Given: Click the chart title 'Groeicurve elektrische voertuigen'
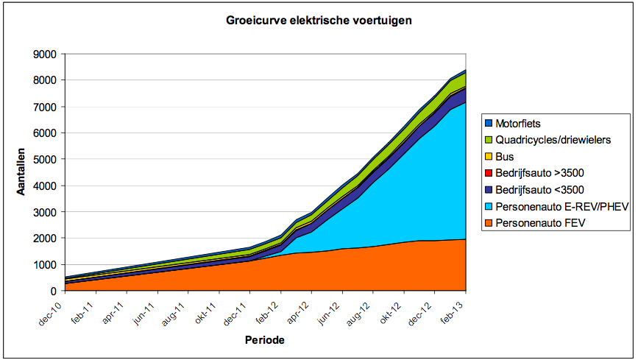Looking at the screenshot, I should coord(318,21).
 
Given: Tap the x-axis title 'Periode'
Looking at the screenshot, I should coord(264,340).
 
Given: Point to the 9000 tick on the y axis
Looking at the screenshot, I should coord(46,54).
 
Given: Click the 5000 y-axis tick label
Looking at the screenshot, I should coord(46,159).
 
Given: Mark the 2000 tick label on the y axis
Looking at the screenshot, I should coord(46,239).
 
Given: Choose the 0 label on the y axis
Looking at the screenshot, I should coord(54,291).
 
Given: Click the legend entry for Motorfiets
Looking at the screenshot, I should coord(520,124).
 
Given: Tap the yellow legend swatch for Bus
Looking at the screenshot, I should coord(488,157).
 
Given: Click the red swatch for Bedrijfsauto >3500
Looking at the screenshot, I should coord(488,173).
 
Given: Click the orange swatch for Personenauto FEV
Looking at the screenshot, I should coord(488,222).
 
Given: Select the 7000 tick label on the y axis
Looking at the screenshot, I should coord(46,107).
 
